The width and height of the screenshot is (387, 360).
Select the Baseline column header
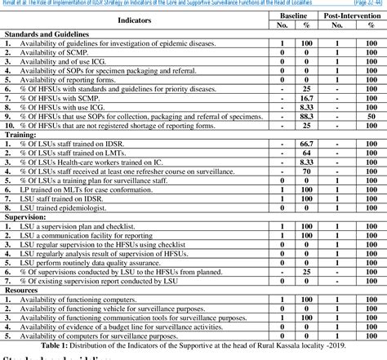tap(295, 14)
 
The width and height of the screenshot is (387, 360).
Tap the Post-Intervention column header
tap(352, 14)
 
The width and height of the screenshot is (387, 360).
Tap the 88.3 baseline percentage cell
tap(307, 115)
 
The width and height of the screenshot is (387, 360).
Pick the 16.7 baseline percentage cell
tap(307, 96)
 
